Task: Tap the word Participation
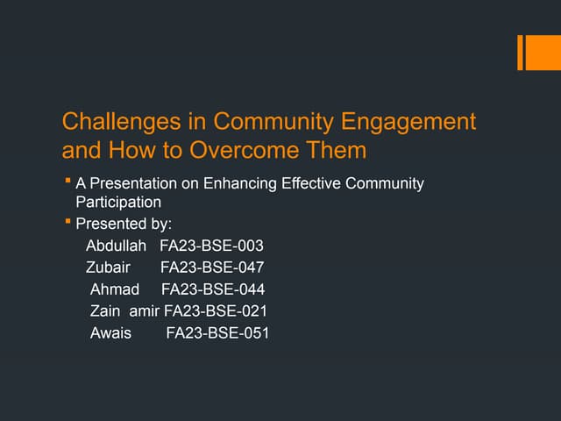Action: pos(118,202)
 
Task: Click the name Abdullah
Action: pos(116,246)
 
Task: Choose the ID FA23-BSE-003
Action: pos(211,246)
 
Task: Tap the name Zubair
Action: pos(107,268)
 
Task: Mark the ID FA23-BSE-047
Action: pos(211,268)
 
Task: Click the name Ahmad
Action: pos(115,289)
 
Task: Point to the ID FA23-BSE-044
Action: pos(213,289)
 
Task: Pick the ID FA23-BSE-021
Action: pos(216,310)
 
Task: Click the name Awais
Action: pos(110,332)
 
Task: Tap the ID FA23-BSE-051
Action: pos(217,332)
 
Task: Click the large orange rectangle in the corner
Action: pos(536,52)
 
